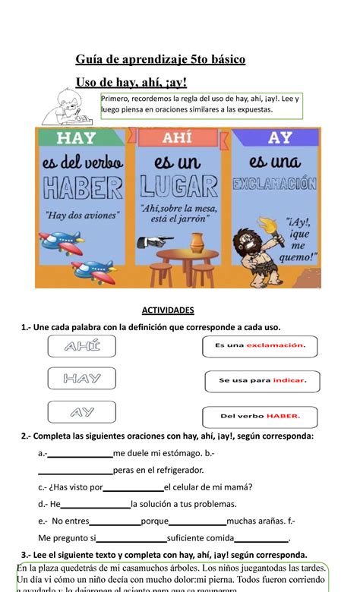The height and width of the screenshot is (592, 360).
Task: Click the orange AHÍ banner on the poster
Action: click(182, 137)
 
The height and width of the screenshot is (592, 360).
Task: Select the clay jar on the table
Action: click(196, 242)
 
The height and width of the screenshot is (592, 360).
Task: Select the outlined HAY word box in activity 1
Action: click(81, 378)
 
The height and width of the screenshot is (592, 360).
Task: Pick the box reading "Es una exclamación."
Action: click(260, 346)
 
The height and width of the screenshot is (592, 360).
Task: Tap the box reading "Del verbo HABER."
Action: click(260, 416)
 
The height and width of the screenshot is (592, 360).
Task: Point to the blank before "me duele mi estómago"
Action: click(80, 454)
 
